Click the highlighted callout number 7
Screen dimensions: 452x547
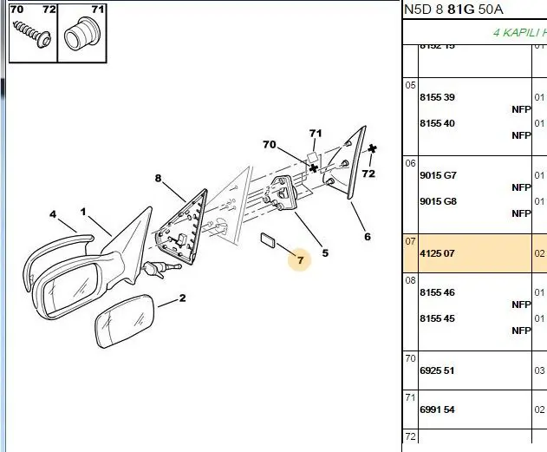click(300, 259)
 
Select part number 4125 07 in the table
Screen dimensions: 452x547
click(437, 253)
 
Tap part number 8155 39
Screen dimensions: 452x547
click(437, 97)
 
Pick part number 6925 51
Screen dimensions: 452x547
click(437, 370)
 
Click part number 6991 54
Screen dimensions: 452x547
click(437, 409)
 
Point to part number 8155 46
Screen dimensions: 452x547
click(437, 292)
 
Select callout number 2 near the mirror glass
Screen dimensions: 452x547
click(183, 299)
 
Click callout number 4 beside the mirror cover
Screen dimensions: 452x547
click(52, 214)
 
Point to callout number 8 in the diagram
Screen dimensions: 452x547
click(158, 179)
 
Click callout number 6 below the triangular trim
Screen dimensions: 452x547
click(367, 236)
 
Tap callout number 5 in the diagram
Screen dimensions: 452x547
click(325, 253)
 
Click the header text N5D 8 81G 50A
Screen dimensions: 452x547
click(453, 10)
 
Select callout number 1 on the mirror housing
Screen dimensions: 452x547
click(83, 212)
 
